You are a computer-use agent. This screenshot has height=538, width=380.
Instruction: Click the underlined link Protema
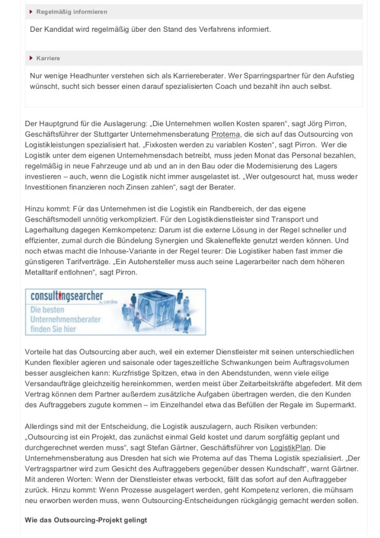pos(226,134)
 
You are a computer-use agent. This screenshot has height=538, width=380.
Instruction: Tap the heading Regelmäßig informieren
pos(72,12)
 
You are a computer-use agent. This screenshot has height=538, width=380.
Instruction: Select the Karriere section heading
pos(48,58)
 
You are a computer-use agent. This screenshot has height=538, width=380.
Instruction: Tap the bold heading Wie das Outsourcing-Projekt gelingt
pos(86,520)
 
